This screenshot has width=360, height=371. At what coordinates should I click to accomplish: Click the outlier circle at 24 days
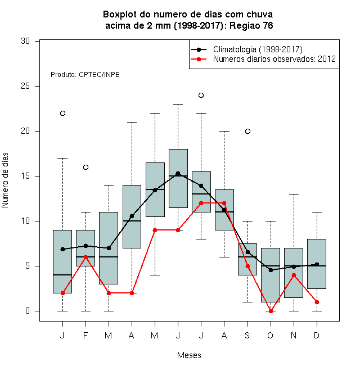point(201,96)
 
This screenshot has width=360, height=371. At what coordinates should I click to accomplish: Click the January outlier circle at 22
point(62,114)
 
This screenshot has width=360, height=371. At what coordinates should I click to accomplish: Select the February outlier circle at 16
point(85,168)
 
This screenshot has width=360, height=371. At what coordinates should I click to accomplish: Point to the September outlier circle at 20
point(247,132)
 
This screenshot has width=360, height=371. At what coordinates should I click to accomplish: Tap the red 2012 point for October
point(271,311)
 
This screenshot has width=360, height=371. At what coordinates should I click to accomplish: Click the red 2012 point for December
point(317,302)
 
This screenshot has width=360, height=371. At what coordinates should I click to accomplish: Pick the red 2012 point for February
point(85,257)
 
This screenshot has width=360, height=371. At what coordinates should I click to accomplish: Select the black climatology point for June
point(178,174)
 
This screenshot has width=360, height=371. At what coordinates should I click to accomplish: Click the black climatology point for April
point(132,216)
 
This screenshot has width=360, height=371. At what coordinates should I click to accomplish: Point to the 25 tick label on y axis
point(25,86)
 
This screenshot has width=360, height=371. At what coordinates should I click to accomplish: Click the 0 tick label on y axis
point(28,311)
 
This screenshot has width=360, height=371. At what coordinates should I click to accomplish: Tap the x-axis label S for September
point(247,335)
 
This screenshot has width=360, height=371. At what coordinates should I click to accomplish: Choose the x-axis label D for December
point(317,335)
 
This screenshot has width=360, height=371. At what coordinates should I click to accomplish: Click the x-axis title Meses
point(189,355)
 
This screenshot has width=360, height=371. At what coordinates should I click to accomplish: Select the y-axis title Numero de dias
point(5,180)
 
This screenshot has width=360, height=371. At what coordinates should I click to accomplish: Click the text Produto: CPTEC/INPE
point(85,75)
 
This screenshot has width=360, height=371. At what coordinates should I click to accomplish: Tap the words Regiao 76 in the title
point(251,25)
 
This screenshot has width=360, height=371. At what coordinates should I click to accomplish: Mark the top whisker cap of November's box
point(294,194)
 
